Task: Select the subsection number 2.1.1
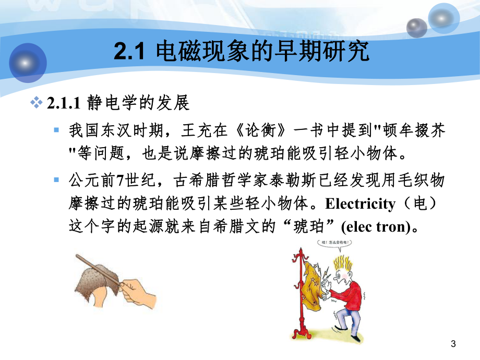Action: (62, 103)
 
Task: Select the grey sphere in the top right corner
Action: (417, 27)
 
